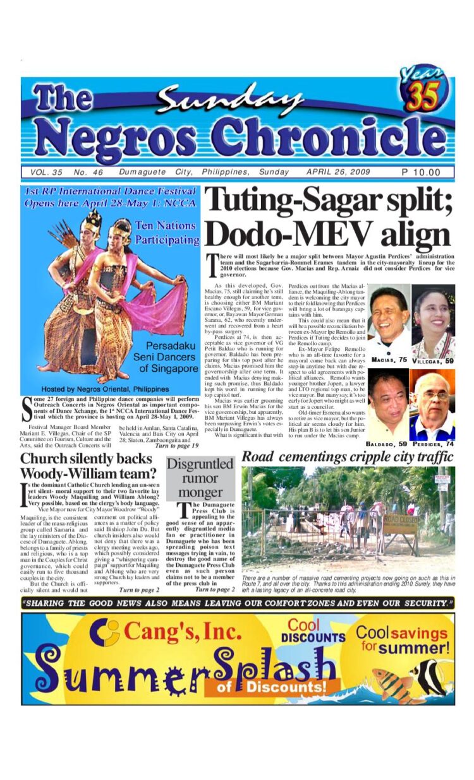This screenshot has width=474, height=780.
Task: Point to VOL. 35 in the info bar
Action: coord(46,172)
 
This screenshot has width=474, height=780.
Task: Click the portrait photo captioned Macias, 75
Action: coord(389,321)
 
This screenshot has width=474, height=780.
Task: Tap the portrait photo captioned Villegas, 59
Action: coord(433,321)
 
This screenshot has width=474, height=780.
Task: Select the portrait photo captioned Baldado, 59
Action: coord(388,404)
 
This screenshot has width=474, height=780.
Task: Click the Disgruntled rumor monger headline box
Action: coord(200,478)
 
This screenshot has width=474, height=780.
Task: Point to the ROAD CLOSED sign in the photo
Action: coord(400,524)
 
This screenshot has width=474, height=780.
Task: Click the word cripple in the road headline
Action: coord(372,456)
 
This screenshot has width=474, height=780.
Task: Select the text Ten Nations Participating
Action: coord(166,232)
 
